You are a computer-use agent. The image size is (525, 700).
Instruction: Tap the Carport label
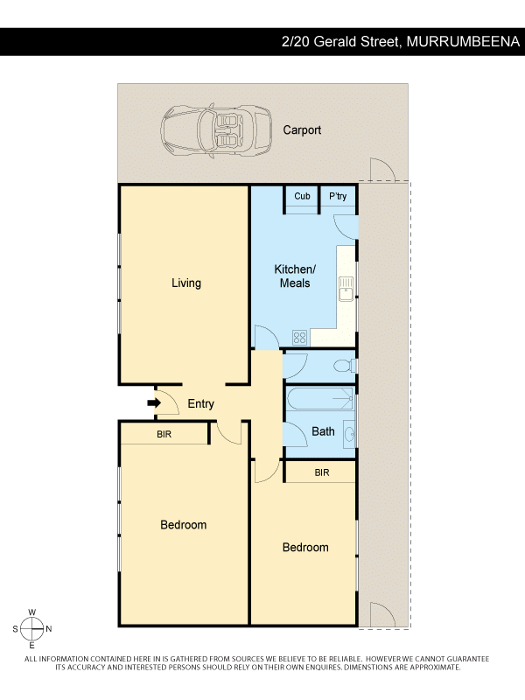(302, 129)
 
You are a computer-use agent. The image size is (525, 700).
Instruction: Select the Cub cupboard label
(302, 196)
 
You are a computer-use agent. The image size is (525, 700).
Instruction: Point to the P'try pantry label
(338, 196)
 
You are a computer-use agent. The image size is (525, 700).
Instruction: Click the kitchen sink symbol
(346, 289)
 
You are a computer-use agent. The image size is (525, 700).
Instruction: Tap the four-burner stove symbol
(299, 337)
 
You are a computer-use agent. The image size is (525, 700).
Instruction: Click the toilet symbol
(345, 366)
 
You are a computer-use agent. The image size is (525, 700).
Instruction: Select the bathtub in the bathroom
(320, 399)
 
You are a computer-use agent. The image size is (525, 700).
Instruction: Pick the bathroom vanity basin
(349, 433)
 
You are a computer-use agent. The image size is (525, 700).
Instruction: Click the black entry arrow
(154, 403)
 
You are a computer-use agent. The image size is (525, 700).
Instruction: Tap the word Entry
(201, 403)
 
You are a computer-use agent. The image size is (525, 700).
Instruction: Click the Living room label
(186, 283)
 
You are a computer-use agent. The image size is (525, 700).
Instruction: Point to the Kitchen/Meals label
(295, 276)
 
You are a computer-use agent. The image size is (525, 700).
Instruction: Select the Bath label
(323, 431)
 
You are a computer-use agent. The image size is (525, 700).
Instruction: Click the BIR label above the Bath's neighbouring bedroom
(322, 472)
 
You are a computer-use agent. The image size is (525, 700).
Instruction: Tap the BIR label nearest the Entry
(164, 434)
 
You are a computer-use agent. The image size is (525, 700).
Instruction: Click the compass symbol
(32, 628)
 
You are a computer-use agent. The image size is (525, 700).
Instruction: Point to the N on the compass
(49, 628)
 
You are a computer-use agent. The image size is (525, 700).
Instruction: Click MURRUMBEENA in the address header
(463, 41)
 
